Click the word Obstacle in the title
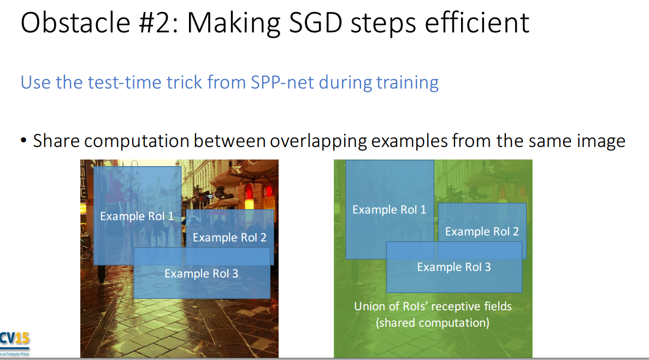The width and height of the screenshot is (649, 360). [76, 22]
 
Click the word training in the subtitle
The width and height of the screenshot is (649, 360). [408, 82]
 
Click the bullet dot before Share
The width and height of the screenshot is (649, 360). [23, 141]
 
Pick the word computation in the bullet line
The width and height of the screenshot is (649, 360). [137, 141]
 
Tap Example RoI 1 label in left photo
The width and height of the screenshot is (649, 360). [137, 216]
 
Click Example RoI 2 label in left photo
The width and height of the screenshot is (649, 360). [229, 238]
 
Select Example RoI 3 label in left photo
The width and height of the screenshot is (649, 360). [202, 274]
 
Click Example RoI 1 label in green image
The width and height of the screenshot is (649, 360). [390, 210]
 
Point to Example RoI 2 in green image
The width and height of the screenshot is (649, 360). [482, 232]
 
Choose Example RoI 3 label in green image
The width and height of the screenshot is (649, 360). [454, 267]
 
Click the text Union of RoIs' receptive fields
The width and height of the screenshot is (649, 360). [433, 306]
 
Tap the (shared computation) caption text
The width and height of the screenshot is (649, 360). [433, 323]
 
